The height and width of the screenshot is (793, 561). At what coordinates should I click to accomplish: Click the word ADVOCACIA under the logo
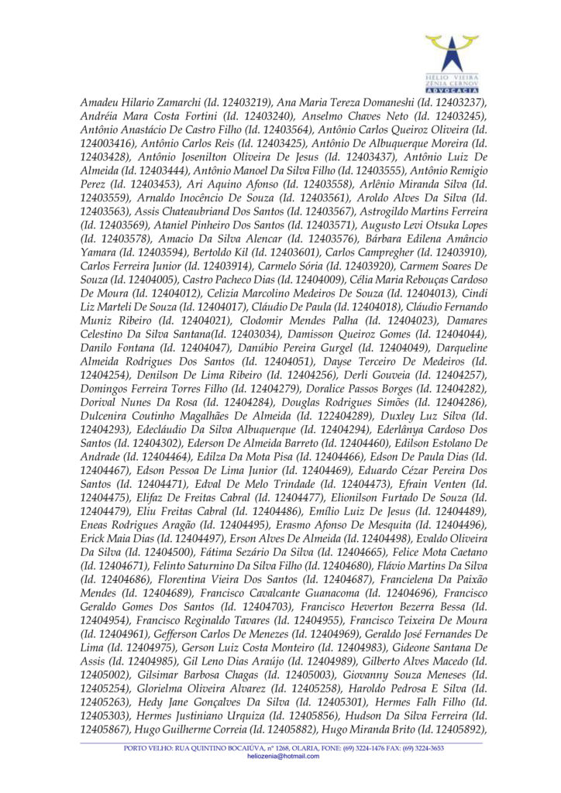pos(452,90)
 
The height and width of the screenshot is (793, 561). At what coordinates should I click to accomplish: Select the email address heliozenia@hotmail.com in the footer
pos(283,756)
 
